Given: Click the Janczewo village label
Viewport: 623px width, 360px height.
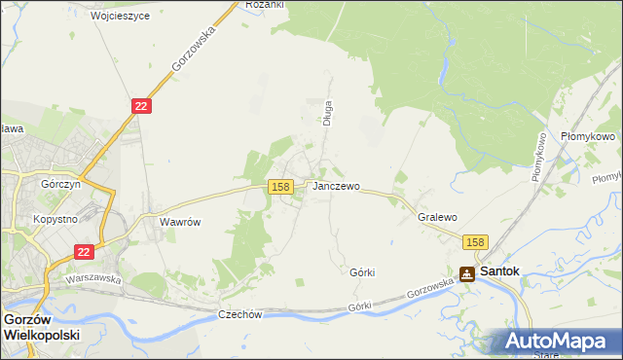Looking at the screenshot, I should pos(337,186).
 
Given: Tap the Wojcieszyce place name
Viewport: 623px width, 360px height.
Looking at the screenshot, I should pos(120,17).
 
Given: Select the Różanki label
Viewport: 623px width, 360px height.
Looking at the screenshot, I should pos(264,5).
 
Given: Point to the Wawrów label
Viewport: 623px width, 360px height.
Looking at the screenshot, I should pos(180,222).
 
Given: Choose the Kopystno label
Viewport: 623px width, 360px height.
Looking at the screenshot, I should pos(55,220).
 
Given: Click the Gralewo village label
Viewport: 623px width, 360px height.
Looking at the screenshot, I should pos(437,218).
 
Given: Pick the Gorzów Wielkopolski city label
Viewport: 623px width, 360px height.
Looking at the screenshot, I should pos(41,326).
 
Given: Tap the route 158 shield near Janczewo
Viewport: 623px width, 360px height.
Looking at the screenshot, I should pos(280,186).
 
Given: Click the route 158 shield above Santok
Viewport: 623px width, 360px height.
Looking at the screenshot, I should pos(474,242).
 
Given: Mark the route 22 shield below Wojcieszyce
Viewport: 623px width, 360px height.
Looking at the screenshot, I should pos(141,106).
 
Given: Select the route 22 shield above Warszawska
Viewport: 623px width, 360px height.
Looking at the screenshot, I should pos(84,251).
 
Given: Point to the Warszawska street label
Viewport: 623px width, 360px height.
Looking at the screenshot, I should pos(92,278).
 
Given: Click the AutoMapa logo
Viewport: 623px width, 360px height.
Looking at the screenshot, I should pos(559,341).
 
